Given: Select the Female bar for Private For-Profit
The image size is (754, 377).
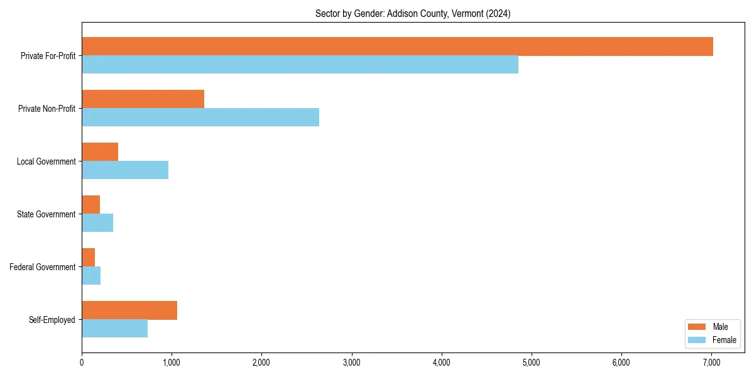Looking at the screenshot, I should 300,65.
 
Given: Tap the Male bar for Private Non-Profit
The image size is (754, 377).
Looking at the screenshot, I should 143,99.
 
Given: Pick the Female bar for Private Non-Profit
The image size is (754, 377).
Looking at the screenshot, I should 200,117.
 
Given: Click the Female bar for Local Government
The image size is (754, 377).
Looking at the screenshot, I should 125,170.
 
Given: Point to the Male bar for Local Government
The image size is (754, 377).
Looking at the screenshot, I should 100,152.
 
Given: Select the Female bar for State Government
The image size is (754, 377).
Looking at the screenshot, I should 97,223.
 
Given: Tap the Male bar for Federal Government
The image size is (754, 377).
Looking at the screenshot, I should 88,258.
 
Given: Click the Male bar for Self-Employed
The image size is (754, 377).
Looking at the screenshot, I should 129,310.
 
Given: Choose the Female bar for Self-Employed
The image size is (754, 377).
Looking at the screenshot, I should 114,329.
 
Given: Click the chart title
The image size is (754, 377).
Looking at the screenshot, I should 413,14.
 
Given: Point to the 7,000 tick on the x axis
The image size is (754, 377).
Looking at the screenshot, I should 711,362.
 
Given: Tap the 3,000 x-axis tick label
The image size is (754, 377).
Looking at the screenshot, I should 352,362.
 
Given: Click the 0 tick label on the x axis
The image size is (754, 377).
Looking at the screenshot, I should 82,362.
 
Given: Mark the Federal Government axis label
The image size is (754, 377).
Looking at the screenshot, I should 43,267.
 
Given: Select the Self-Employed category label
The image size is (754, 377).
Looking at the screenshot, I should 52,320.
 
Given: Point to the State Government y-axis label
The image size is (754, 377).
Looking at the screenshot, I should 46,214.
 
